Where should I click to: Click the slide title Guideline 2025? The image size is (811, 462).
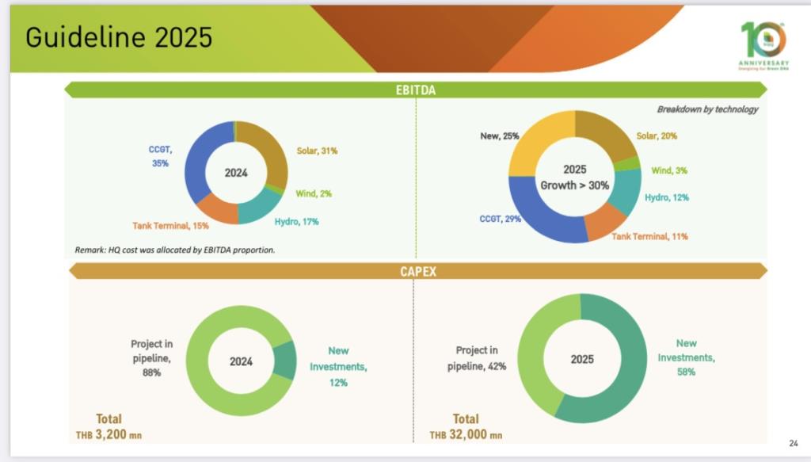[119, 37]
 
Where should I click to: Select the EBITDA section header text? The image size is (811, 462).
[416, 90]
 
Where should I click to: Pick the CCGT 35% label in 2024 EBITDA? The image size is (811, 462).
[160, 155]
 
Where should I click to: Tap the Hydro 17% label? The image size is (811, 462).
[296, 222]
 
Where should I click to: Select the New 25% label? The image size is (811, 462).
[500, 136]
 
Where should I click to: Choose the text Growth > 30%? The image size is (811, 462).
[574, 185]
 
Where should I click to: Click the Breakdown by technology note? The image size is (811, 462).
[707, 109]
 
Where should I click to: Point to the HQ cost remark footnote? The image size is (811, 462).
[175, 250]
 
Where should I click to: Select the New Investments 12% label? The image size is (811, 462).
[338, 366]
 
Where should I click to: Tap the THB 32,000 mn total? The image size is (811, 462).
[466, 434]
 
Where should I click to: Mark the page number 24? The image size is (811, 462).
[794, 443]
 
